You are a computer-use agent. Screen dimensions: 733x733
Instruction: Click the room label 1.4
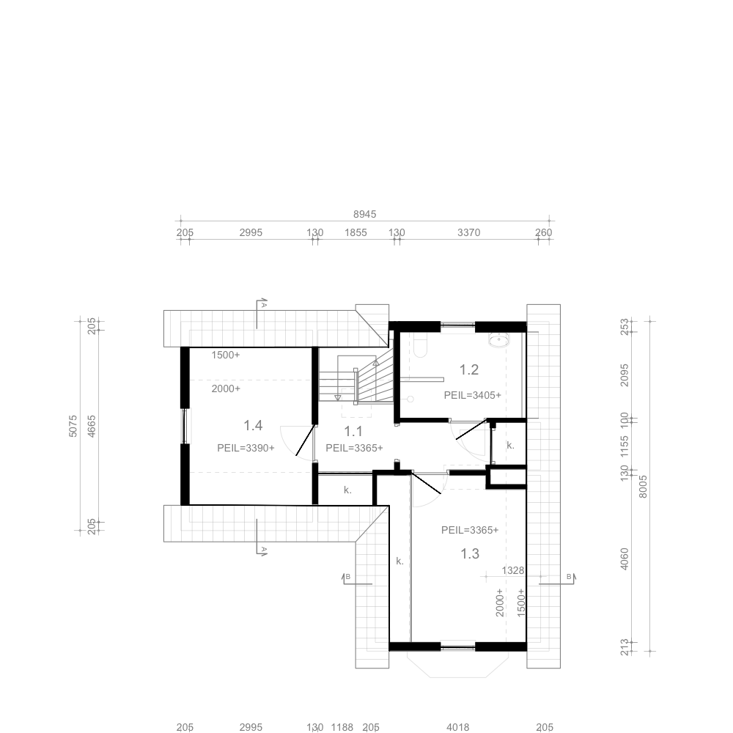[x=253, y=425]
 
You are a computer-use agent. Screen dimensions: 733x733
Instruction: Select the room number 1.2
[x=469, y=369]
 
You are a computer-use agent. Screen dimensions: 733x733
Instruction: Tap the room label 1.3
[x=470, y=553]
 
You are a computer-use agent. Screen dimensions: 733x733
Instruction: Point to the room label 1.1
[x=353, y=431]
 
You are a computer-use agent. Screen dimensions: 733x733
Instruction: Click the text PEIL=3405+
[x=473, y=395]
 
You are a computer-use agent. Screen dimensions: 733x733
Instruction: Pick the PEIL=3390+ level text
[x=246, y=448]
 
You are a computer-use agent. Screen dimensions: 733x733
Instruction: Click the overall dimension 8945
[x=364, y=214]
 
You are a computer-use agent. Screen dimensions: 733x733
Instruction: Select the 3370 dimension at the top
[x=469, y=232]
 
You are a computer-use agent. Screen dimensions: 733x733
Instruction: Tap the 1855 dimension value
[x=356, y=232]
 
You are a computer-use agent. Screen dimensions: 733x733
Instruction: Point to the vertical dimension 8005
[x=643, y=487]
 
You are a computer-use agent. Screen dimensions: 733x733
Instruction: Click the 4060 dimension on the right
[x=624, y=559]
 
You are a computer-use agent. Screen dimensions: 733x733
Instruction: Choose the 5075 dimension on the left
[x=73, y=426]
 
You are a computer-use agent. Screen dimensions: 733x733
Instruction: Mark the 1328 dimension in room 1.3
[x=513, y=570]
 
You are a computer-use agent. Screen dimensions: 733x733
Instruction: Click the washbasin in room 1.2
[x=499, y=340]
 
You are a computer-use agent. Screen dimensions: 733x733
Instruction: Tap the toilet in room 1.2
[x=421, y=345]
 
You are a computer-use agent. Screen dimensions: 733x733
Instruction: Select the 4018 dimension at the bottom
[x=457, y=727]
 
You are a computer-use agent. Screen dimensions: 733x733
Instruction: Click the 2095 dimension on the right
[x=624, y=375]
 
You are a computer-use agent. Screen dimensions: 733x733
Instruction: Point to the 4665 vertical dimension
[x=92, y=426]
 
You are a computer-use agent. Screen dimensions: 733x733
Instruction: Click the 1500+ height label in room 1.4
[x=225, y=355]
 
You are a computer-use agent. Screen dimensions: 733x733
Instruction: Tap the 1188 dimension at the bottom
[x=342, y=727]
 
